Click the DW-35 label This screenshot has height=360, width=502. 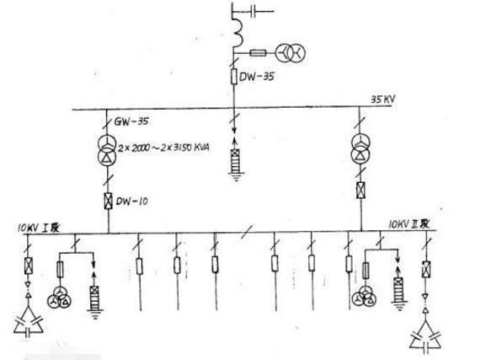tap(257, 76)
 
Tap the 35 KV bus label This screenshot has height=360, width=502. tap(383, 99)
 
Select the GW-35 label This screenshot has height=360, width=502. tap(131, 121)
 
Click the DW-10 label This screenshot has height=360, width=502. tap(132, 201)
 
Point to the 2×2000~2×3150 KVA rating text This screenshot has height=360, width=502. tap(163, 148)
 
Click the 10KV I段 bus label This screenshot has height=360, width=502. tap(39, 228)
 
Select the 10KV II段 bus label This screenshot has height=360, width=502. tap(409, 223)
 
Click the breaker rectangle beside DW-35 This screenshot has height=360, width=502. tap(234, 76)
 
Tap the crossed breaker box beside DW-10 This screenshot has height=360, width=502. tap(109, 201)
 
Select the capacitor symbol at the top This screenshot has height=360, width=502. tap(254, 12)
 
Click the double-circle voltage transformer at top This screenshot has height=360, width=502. tap(290, 52)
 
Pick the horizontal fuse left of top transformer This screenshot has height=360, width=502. tap(258, 53)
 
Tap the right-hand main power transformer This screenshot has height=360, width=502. tap(360, 148)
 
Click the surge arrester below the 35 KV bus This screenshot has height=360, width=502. tap(237, 161)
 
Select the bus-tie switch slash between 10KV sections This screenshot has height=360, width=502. tap(247, 232)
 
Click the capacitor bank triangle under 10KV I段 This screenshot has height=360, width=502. tap(28, 321)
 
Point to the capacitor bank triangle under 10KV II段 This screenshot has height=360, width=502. tap(425, 336)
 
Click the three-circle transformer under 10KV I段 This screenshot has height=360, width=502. tap(60, 297)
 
